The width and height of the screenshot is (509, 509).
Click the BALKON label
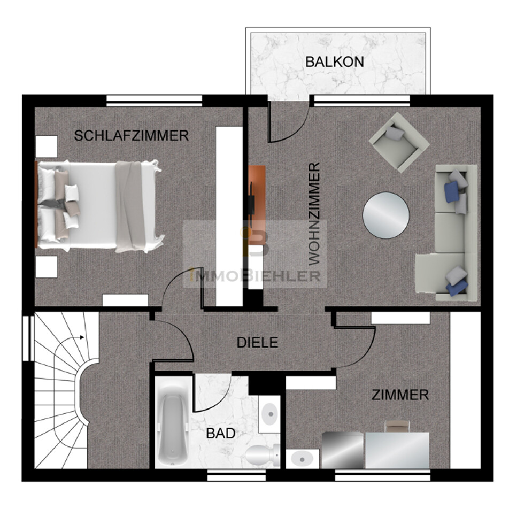coord(334,62)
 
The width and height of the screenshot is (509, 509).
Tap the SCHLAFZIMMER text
coord(131,135)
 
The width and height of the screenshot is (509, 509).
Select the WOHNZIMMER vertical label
coord(314,214)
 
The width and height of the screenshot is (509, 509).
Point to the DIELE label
coord(257,343)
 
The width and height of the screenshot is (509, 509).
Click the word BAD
coord(221,434)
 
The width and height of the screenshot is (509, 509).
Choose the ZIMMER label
coord(400,395)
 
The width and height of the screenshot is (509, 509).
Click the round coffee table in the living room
coord(385,215)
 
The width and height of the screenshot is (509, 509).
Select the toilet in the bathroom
coord(262,454)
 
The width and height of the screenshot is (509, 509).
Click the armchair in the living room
coord(399,142)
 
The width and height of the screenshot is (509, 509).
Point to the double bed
coord(99,206)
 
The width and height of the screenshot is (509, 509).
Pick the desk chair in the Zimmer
coord(397,426)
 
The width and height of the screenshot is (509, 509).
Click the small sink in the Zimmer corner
coord(302,459)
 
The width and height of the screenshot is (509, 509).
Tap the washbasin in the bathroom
coord(269,414)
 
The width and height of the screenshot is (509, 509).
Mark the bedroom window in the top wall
coord(155,101)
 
